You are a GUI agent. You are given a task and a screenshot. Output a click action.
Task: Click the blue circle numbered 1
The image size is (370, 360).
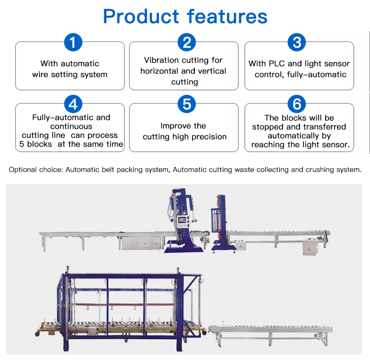(73, 42)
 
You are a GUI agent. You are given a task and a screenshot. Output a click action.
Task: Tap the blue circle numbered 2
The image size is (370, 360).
(186, 42)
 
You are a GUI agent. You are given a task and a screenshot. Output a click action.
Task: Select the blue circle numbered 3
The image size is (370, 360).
(296, 42)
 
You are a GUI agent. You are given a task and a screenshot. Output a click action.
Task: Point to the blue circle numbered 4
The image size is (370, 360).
(73, 104)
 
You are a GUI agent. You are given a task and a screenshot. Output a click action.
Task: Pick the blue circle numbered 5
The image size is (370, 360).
(186, 104)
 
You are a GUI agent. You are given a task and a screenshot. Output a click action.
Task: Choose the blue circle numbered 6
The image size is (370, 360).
(296, 104)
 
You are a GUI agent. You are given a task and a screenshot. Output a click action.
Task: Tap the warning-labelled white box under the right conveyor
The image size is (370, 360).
(309, 247)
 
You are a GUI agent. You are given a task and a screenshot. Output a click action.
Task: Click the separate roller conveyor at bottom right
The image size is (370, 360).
(270, 330)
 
